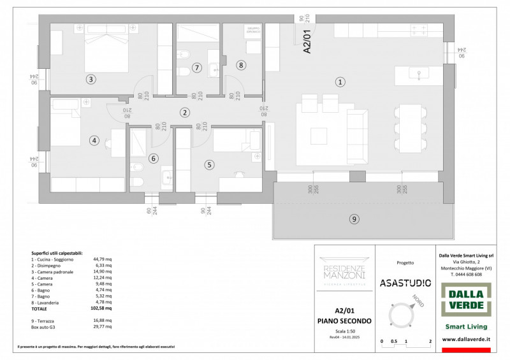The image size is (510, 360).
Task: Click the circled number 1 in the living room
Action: [x=340, y=82]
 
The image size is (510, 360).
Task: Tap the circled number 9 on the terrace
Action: [x=354, y=219]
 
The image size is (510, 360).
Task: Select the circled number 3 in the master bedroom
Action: [x=91, y=80]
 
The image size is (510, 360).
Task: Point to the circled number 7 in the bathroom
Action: [x=197, y=68]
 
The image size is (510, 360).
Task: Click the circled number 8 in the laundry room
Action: [x=240, y=64]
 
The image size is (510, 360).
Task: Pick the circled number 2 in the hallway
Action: [x=184, y=113]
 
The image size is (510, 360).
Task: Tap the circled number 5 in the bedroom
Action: [x=209, y=164]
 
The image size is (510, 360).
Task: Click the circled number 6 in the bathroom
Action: [x=152, y=159]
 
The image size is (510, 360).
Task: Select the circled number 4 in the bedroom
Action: [x=94, y=141]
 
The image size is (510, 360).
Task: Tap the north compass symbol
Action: [x=405, y=315]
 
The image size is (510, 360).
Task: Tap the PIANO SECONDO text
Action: [x=344, y=320]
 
